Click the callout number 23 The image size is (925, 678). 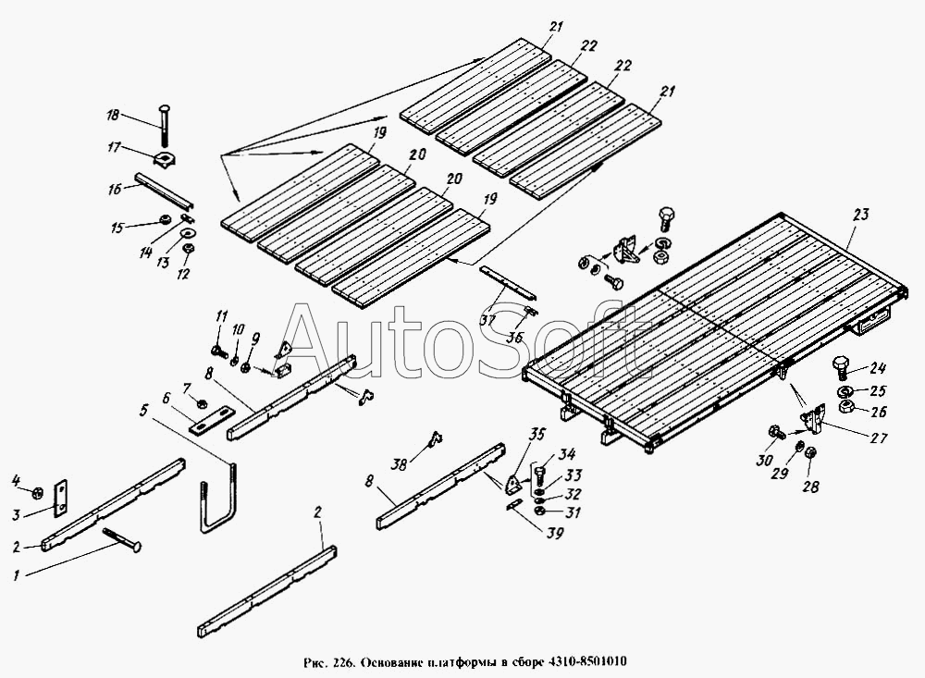860,215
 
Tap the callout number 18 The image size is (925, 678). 113,115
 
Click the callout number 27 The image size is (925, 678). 879,438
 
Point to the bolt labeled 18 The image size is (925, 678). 164,124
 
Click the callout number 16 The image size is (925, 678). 115,189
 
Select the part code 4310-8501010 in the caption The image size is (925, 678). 588,662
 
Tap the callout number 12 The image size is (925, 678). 183,274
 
